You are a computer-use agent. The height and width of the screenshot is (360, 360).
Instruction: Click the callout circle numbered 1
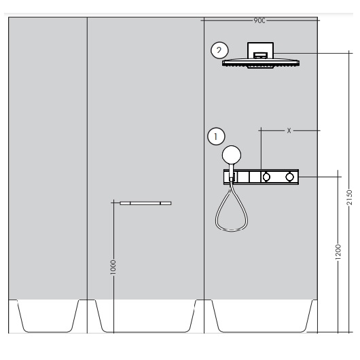click(216, 137)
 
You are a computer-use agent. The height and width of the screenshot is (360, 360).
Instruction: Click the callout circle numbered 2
click(219, 50)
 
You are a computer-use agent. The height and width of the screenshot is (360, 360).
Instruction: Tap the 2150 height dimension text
click(349, 197)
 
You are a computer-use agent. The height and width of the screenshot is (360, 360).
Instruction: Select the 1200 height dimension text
click(338, 252)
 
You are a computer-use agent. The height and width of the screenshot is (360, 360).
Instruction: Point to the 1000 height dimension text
click(113, 267)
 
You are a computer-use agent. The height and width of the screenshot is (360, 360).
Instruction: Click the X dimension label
click(289, 130)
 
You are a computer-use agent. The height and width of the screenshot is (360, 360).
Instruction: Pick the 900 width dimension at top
click(259, 20)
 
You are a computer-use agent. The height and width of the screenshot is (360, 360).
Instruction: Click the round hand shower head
click(232, 155)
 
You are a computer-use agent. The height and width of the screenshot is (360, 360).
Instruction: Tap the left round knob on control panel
click(266, 177)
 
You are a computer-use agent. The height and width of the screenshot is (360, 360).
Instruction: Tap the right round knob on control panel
click(289, 177)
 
